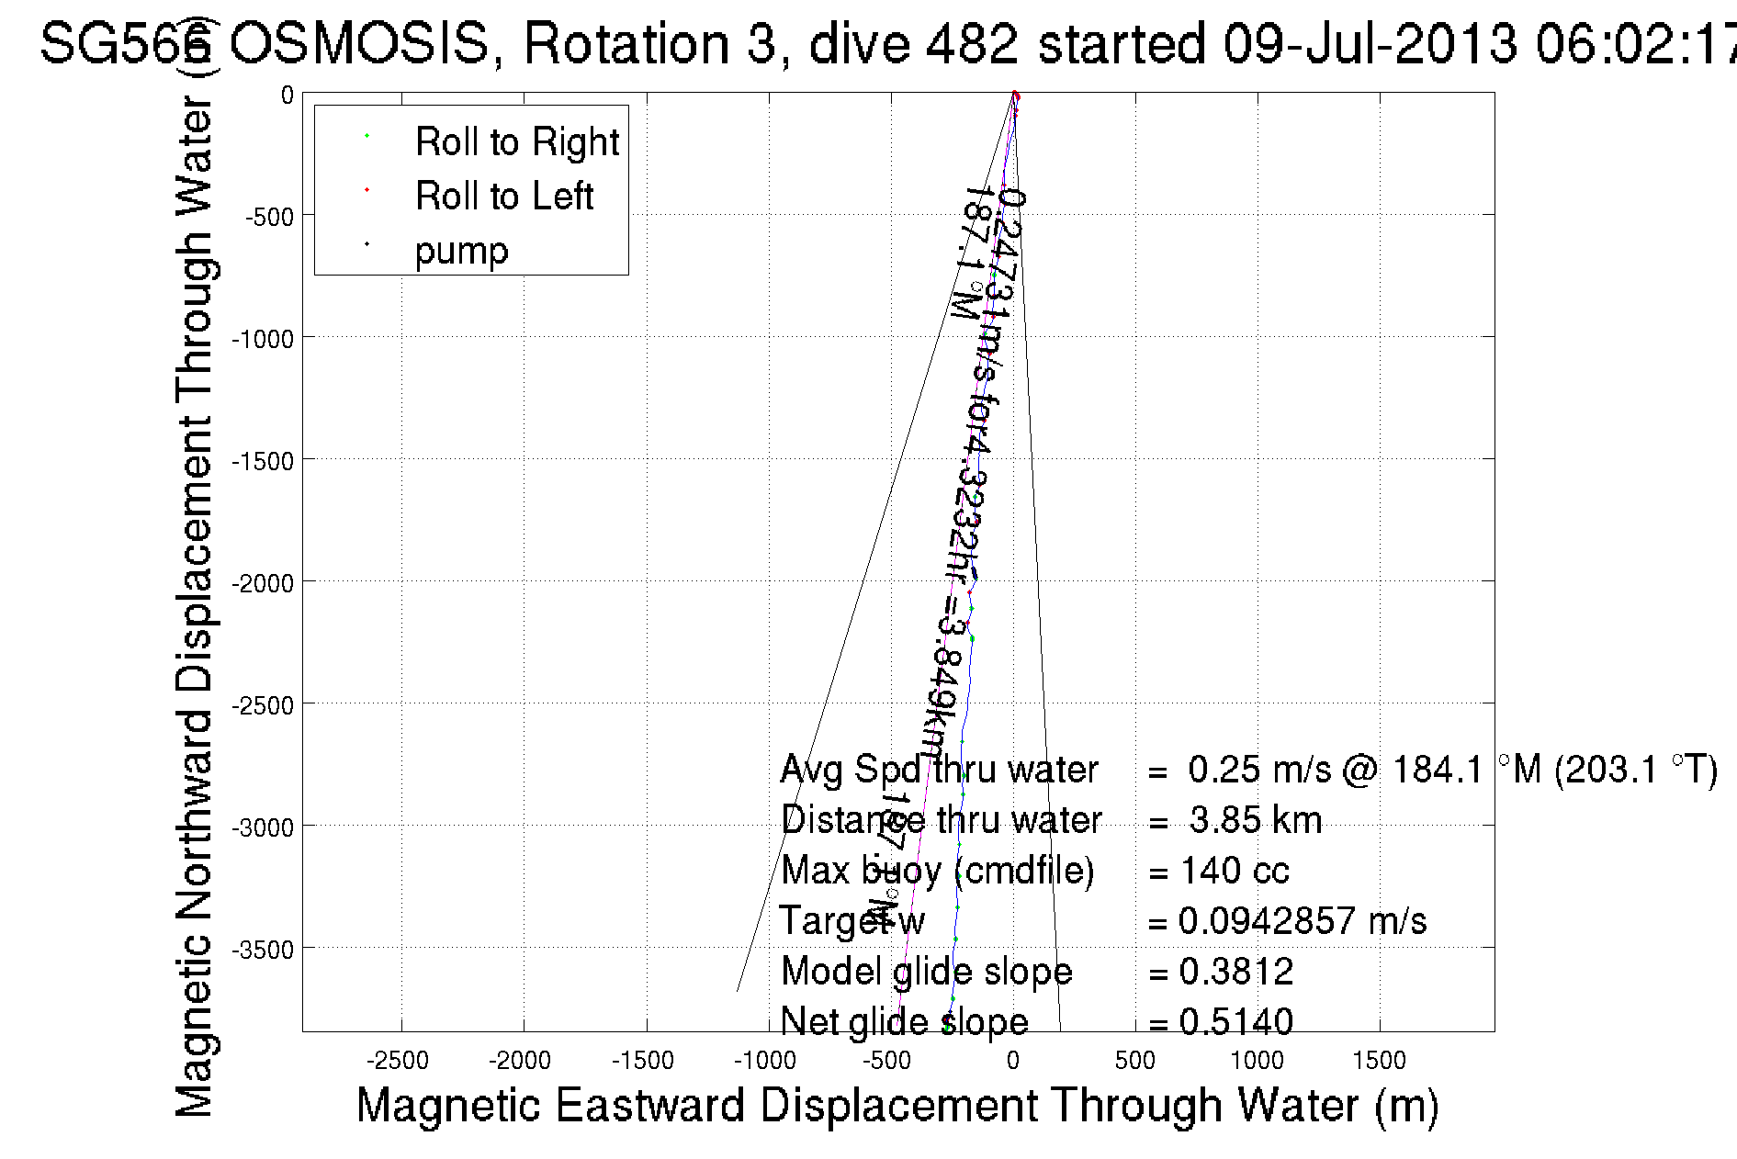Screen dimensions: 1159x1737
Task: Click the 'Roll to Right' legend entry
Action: (516, 142)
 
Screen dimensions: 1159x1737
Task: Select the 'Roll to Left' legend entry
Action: (503, 197)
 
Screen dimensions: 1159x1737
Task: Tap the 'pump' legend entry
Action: (461, 251)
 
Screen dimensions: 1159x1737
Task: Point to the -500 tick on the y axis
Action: (269, 217)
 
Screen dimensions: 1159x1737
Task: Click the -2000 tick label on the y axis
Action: (263, 583)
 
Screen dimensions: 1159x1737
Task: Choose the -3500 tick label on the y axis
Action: (263, 950)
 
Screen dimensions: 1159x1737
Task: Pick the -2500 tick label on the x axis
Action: (397, 1061)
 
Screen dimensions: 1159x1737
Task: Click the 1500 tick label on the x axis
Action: (1379, 1061)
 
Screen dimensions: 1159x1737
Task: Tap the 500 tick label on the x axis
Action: (1134, 1061)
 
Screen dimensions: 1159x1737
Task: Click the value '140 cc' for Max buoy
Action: (1235, 871)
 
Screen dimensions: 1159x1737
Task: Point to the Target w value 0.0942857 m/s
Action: (1302, 921)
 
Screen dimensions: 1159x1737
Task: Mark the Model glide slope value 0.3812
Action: (1235, 972)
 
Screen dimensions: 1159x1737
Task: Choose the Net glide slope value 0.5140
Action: (1235, 1021)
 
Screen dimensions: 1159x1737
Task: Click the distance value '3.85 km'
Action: (1255, 820)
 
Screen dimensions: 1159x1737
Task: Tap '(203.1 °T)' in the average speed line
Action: (1635, 770)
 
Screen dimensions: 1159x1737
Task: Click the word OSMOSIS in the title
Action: (359, 44)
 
